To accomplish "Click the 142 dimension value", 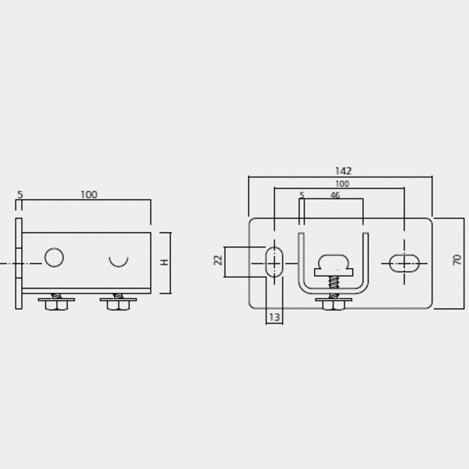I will coord(343,171).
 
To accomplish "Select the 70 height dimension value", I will coord(458,260).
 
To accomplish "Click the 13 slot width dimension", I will coord(274,317).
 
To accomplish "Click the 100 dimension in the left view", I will coord(89,195).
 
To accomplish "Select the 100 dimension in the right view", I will coord(342,183).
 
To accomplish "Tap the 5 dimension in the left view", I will coord(20,195).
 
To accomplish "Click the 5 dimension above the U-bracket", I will coord(302,195).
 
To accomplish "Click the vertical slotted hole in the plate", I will coord(274,262).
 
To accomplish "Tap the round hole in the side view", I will coord(54,257).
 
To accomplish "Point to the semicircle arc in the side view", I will coord(118,262).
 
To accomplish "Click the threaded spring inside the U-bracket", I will coord(332,282).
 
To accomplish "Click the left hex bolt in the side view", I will coord(56,303).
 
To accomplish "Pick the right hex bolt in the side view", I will coord(118,303).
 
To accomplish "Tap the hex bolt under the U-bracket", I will coord(333,303).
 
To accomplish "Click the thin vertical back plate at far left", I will coord(19,263).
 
